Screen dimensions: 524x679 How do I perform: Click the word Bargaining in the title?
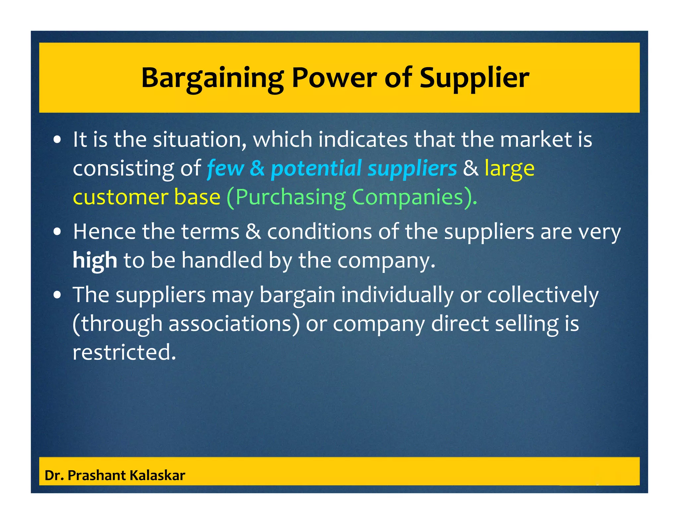[212, 78]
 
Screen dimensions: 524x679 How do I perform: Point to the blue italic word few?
[225, 168]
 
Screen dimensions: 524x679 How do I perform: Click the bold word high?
[95, 260]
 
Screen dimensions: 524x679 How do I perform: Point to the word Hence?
[104, 232]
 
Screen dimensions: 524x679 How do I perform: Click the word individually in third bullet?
[397, 295]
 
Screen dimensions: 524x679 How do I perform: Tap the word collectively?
[543, 295]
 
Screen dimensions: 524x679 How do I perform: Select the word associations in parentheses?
[230, 324]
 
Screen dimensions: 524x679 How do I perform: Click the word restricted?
[124, 352]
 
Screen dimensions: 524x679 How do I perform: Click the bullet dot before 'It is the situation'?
[57, 140]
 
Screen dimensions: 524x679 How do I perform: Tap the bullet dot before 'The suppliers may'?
[57, 295]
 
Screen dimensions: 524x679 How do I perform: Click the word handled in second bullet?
[222, 260]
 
